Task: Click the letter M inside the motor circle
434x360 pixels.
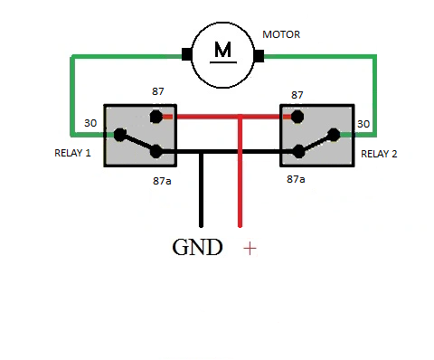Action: [223, 50]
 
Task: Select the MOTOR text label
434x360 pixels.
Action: [281, 34]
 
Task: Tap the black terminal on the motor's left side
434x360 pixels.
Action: [187, 54]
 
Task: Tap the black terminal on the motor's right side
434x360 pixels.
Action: [259, 56]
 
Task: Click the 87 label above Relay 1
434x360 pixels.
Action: [158, 91]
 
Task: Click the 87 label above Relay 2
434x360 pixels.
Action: [297, 95]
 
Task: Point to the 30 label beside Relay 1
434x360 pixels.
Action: [90, 123]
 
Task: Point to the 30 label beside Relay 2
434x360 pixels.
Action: [363, 124]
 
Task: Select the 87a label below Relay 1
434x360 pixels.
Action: [162, 181]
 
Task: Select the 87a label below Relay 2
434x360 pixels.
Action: [296, 179]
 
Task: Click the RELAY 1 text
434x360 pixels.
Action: [72, 153]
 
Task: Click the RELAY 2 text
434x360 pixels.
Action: [379, 154]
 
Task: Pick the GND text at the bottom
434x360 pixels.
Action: [197, 248]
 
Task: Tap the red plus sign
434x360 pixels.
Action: [250, 249]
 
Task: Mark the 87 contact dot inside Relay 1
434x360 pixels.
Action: [156, 117]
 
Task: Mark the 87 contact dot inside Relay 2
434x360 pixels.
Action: [297, 117]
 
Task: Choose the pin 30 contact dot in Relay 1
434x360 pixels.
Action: [120, 135]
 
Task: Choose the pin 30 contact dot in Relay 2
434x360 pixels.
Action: [334, 135]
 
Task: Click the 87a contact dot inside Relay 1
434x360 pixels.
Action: [156, 151]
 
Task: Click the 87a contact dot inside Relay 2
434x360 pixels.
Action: [298, 151]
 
